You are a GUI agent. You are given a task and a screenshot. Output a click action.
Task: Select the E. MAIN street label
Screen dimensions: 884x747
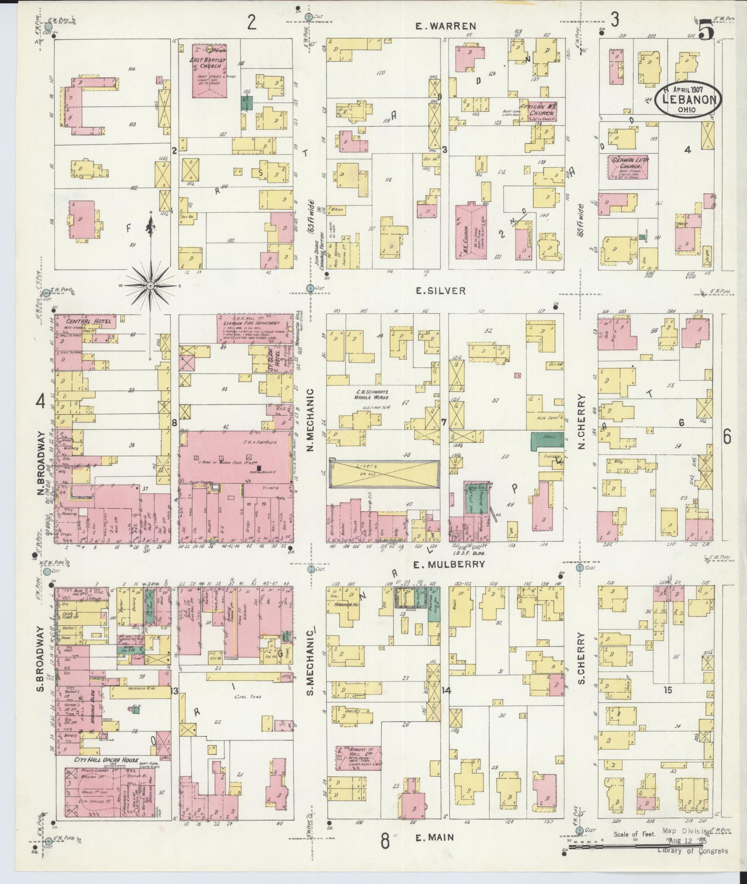point(435,837)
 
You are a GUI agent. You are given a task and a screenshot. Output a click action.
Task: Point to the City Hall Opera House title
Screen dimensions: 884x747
point(106,760)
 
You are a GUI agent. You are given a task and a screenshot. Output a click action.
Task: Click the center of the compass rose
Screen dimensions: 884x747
point(150,286)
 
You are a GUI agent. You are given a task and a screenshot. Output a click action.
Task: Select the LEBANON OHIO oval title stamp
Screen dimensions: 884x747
point(688,100)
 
